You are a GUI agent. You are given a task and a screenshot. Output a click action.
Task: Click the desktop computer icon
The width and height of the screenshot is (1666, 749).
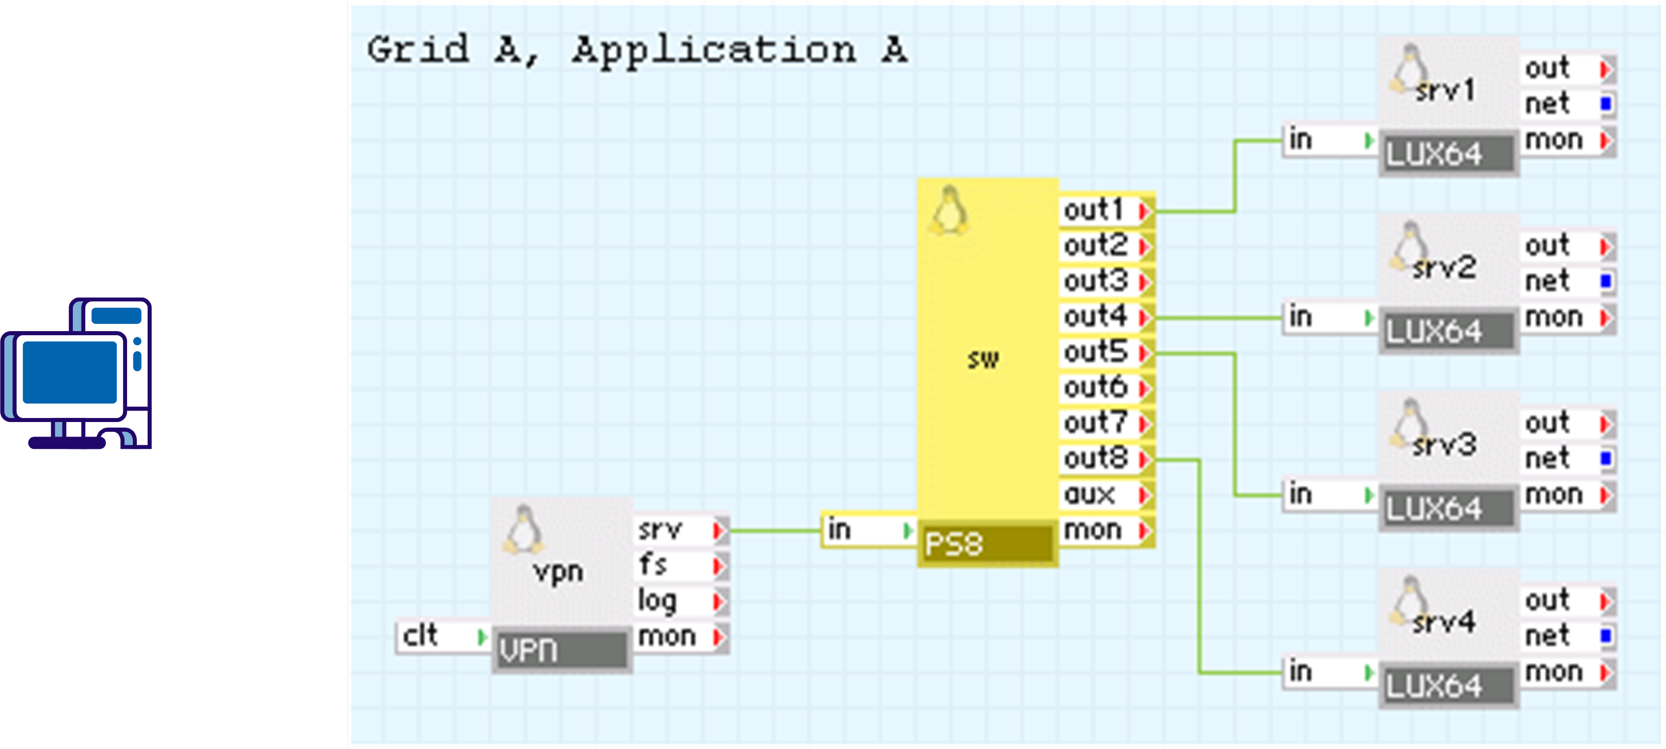76,373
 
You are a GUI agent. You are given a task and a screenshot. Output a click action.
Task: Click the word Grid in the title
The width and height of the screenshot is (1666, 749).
418,50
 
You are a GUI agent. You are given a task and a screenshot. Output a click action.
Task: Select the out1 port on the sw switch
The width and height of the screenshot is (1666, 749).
1106,210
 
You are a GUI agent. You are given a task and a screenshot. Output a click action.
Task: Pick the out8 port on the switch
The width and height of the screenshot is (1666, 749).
1106,459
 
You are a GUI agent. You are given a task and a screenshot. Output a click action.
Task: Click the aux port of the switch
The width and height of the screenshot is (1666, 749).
1106,495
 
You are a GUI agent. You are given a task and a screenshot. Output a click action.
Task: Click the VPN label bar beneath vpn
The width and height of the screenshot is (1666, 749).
560,649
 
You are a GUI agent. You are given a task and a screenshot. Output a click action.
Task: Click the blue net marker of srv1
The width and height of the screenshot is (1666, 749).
1606,103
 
